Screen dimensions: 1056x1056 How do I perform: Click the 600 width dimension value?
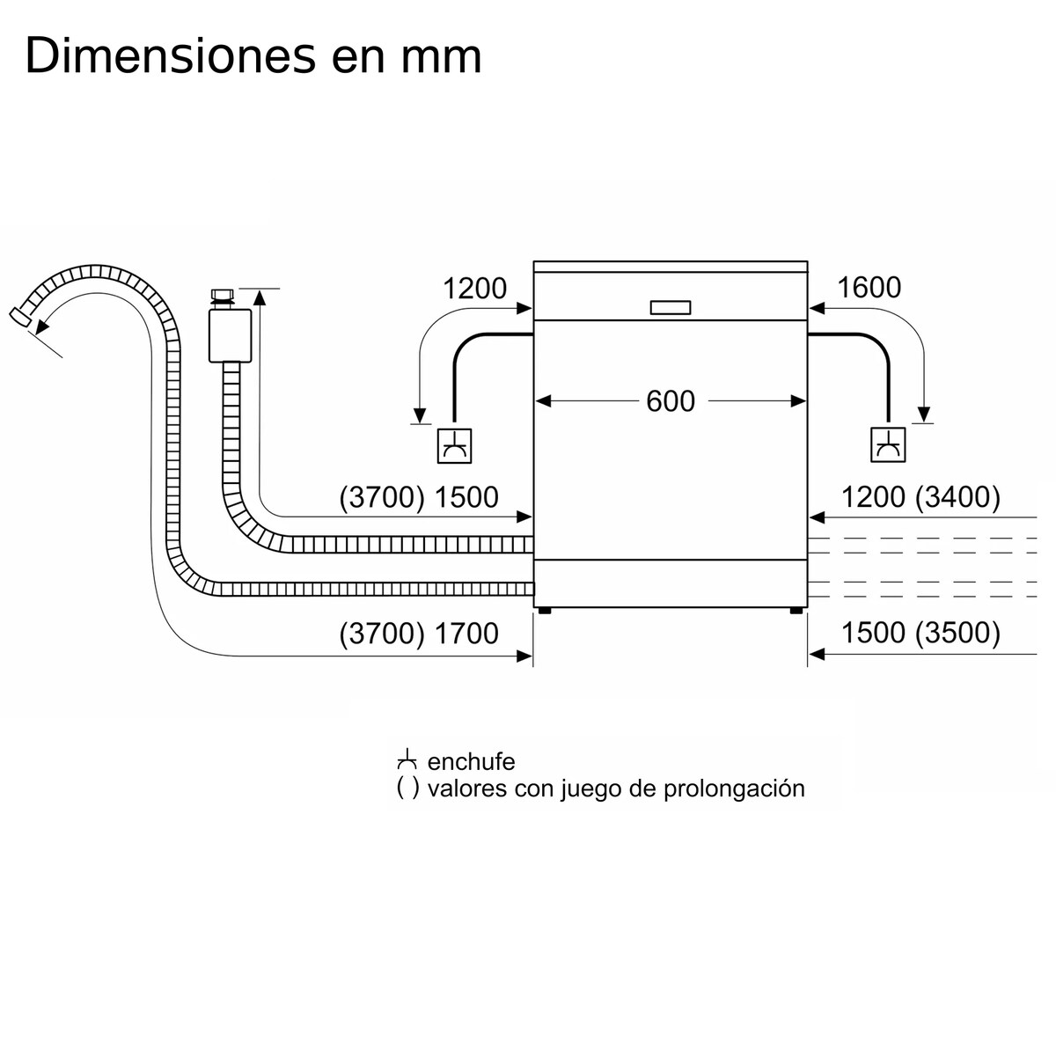click(x=671, y=401)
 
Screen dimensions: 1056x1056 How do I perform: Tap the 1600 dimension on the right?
click(x=869, y=288)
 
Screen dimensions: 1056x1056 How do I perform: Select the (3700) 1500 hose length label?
click(x=419, y=497)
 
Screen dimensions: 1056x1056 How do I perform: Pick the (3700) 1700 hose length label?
click(x=419, y=634)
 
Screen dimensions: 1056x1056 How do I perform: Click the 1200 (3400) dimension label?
click(x=920, y=497)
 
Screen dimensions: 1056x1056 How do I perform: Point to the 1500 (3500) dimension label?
click(x=920, y=634)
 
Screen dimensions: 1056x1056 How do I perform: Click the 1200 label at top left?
click(x=474, y=288)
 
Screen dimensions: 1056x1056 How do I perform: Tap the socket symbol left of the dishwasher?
click(x=454, y=445)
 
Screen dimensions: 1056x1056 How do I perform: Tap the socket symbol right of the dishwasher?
click(x=887, y=445)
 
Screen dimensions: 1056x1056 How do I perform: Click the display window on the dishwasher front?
click(x=671, y=307)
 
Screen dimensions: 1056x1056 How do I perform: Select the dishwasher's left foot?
click(x=546, y=610)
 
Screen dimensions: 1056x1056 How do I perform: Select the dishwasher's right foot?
click(x=796, y=610)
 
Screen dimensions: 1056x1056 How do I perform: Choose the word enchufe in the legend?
click(x=471, y=761)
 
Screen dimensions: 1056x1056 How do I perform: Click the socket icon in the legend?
click(x=407, y=760)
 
